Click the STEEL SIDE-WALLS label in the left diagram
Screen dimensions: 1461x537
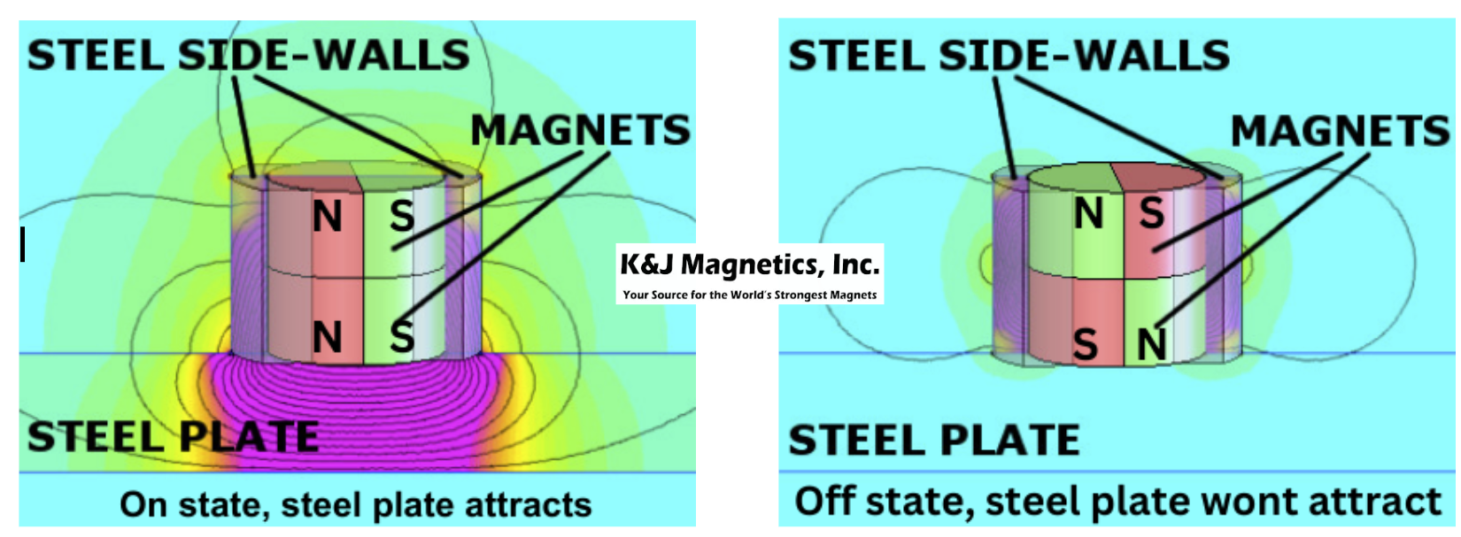[249, 55]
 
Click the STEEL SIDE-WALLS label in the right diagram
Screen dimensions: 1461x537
[1009, 55]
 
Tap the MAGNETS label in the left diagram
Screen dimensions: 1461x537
[581, 130]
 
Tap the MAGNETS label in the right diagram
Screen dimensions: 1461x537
[1341, 130]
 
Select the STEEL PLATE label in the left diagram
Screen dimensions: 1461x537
[173, 436]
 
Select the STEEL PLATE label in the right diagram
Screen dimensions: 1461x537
[934, 440]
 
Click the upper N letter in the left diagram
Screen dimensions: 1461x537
[328, 217]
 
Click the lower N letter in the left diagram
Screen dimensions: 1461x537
[328, 338]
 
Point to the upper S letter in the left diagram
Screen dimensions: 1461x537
[402, 216]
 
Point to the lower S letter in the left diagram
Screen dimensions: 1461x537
[402, 337]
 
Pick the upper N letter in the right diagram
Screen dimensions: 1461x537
[1088, 213]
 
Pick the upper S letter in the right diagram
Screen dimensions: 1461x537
[1152, 212]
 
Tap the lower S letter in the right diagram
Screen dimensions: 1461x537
[1085, 344]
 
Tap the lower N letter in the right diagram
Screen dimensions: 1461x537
[1152, 344]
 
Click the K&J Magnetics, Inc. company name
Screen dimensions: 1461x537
[749, 265]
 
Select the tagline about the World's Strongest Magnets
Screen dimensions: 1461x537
[749, 295]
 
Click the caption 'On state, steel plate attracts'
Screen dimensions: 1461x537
[355, 505]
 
